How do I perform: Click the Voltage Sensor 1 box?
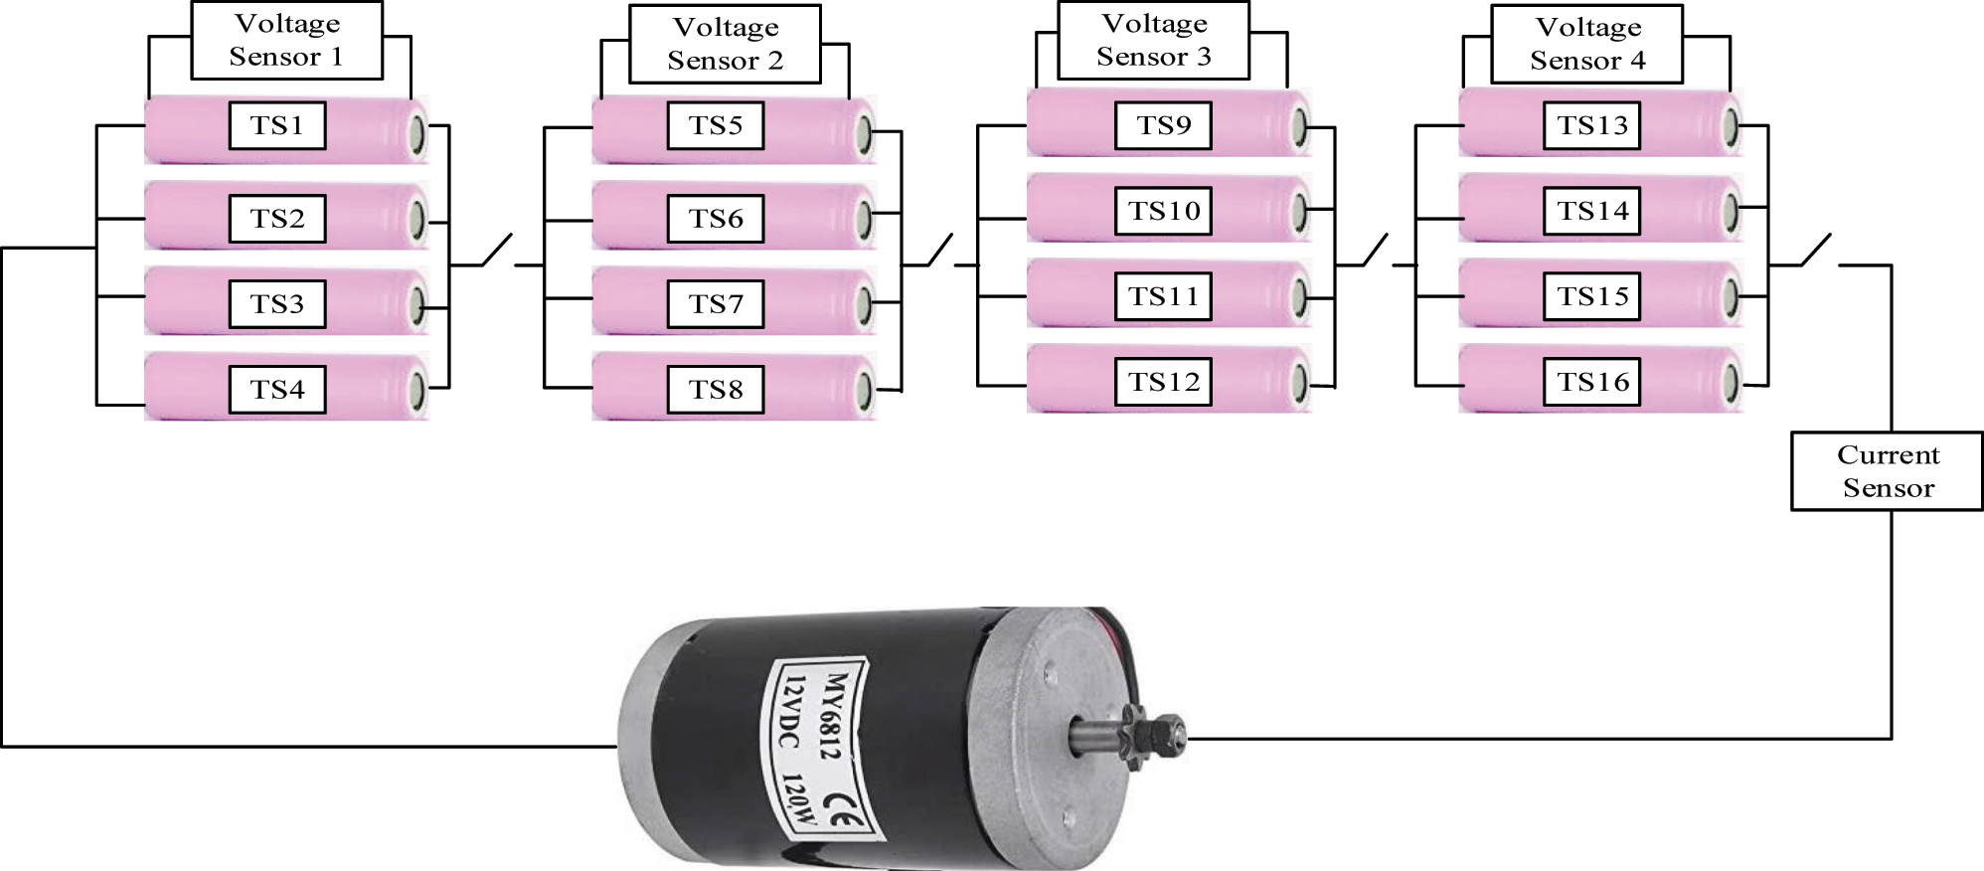pyautogui.click(x=286, y=40)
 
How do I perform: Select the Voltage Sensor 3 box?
pyautogui.click(x=1153, y=40)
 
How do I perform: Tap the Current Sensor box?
pyautogui.click(x=1887, y=471)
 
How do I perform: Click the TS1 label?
pyautogui.click(x=277, y=125)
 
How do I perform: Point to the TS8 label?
pyautogui.click(x=716, y=389)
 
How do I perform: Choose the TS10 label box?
pyautogui.click(x=1163, y=211)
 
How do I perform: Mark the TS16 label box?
pyautogui.click(x=1591, y=382)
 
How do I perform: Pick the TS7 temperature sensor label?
pyautogui.click(x=716, y=303)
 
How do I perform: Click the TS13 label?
pyautogui.click(x=1591, y=125)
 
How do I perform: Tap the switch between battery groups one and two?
pyautogui.click(x=497, y=251)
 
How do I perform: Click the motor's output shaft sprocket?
pyautogui.click(x=1161, y=734)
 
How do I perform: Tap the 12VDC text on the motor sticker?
pyautogui.click(x=787, y=714)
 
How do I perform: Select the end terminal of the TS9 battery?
pyautogui.click(x=1298, y=126)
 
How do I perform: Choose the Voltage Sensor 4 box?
pyautogui.click(x=1586, y=44)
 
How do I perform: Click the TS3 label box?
pyautogui.click(x=277, y=303)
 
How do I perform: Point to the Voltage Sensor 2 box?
pyautogui.click(x=725, y=44)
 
